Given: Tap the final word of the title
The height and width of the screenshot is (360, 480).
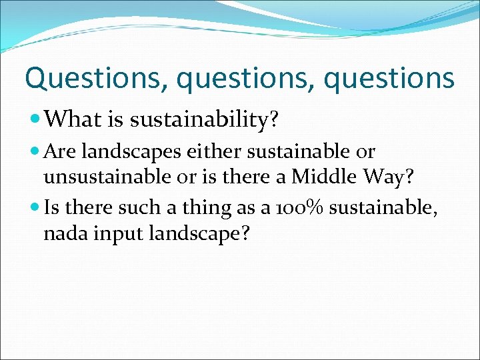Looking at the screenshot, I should [x=389, y=79].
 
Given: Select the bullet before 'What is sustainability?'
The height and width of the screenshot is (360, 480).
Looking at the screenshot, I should [x=37, y=120].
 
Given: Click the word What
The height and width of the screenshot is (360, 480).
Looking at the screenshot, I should [x=69, y=119].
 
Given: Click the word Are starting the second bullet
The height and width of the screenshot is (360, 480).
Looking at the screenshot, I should [x=61, y=152].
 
